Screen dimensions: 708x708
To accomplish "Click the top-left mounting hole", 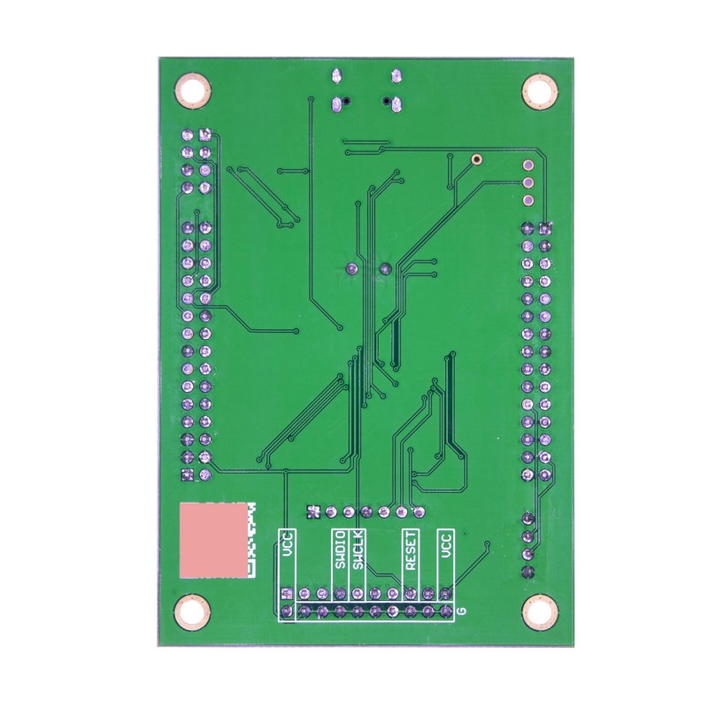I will (x=193, y=90).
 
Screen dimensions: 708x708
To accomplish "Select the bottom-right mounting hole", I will (x=537, y=611).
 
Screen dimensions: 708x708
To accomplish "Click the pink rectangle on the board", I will (x=212, y=540).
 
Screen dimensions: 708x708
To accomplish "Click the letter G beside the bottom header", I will (x=462, y=612).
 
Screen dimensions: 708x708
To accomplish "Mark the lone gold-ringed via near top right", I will (x=477, y=160).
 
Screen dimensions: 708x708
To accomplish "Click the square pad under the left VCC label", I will (x=286, y=594).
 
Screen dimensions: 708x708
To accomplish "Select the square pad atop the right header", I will (x=545, y=229).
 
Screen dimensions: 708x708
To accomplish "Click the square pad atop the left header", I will (x=205, y=135).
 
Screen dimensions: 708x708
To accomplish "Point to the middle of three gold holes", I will (x=529, y=183).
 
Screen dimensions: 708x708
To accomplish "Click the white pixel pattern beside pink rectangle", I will (x=250, y=540).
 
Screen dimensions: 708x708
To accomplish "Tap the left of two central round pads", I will (x=350, y=268).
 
